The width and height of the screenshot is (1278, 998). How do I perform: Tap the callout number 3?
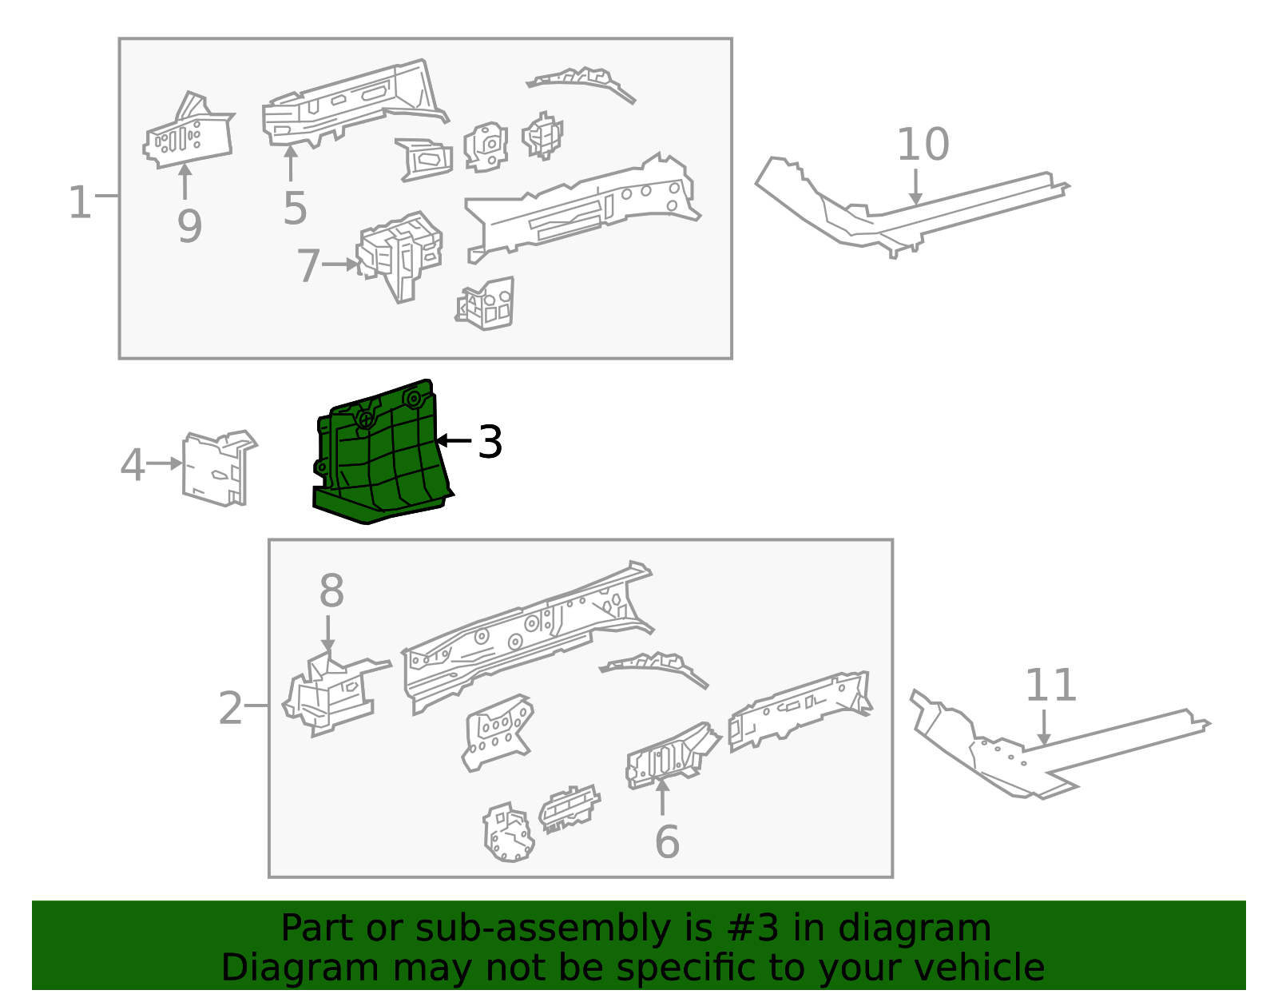pyautogui.click(x=490, y=442)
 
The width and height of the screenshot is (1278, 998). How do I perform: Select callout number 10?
pyautogui.click(x=923, y=145)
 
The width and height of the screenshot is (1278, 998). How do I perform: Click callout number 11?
pyautogui.click(x=1050, y=686)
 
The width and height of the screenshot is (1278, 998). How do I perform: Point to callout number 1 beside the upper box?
pyautogui.click(x=79, y=202)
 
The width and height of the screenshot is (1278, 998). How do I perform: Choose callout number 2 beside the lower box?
pyautogui.click(x=230, y=709)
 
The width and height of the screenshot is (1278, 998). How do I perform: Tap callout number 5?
pyautogui.click(x=295, y=209)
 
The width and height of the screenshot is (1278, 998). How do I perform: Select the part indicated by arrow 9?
pyautogui.click(x=189, y=137)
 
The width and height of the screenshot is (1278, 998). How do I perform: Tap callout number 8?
pyautogui.click(x=331, y=591)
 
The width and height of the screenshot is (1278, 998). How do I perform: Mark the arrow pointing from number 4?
pyautogui.click(x=165, y=463)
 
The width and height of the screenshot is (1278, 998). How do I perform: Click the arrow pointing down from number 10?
pyautogui.click(x=916, y=187)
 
